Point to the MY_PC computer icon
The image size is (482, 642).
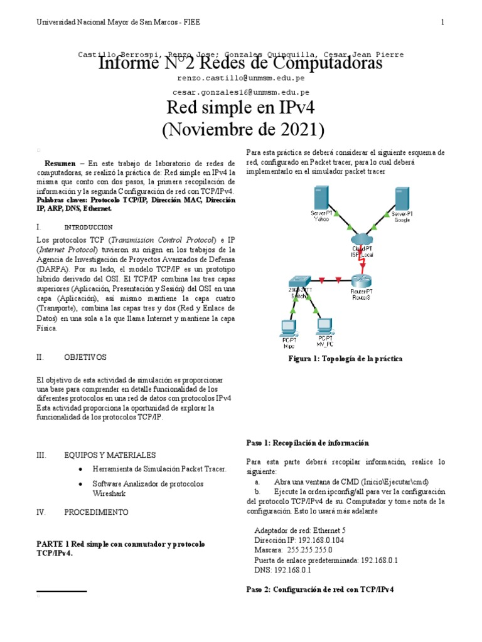tap(324, 326)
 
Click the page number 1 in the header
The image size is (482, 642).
tap(442, 23)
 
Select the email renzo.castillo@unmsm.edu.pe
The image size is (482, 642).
tap(242, 78)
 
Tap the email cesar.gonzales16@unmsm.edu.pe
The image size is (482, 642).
tap(242, 91)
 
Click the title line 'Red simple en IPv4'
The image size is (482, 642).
tap(242, 108)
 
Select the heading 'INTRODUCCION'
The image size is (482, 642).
tap(88, 227)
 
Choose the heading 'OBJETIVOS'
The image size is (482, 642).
tap(85, 357)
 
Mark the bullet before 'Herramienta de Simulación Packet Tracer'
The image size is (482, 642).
tap(82, 469)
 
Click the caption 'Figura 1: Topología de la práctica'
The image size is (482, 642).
tap(345, 359)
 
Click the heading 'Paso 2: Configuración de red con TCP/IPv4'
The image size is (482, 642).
tap(320, 591)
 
